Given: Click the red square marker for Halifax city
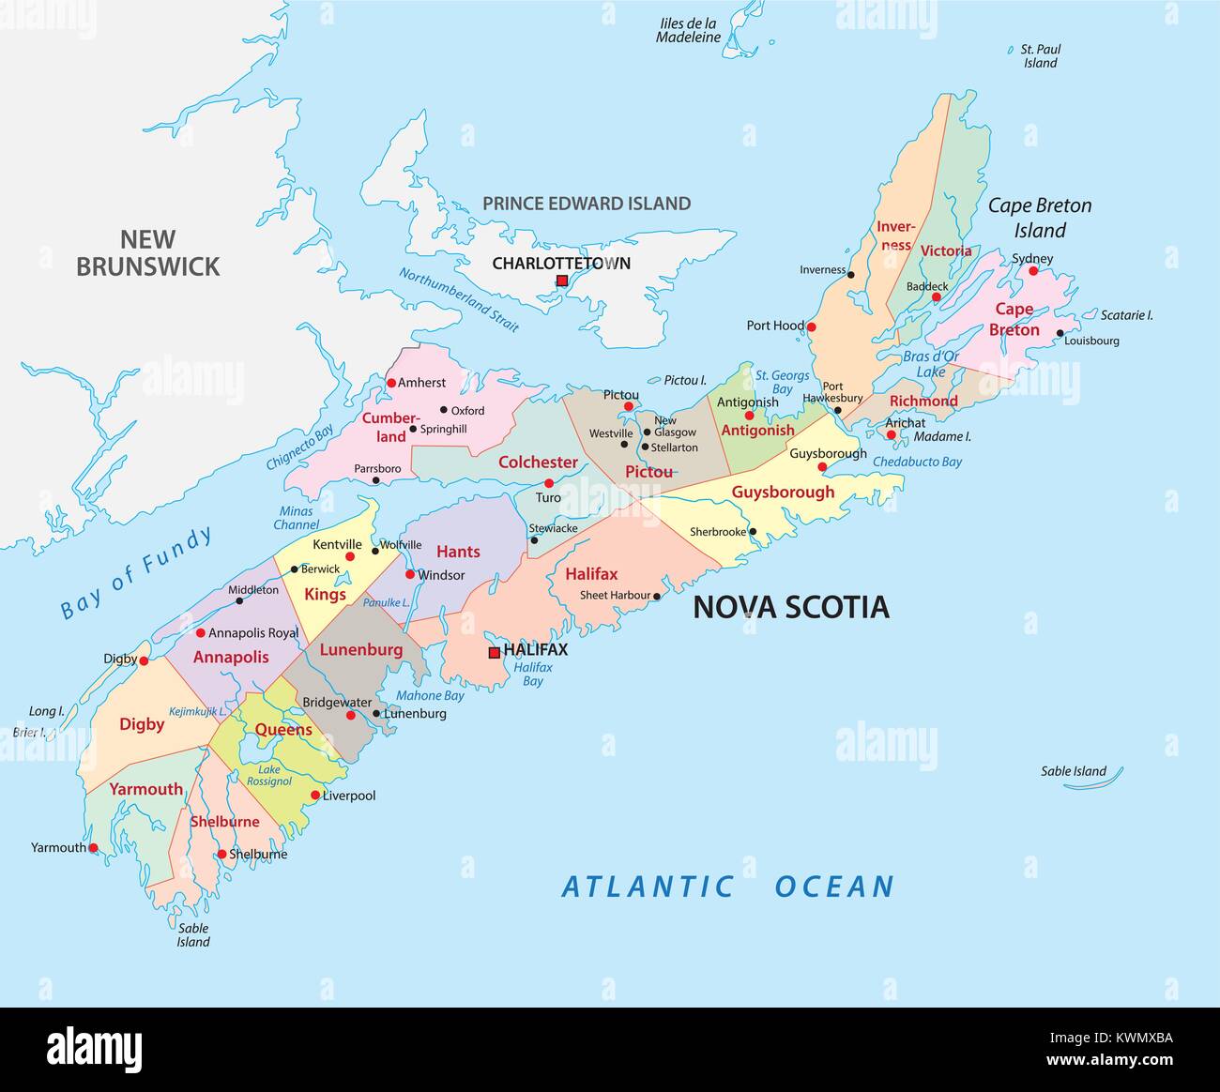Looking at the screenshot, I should [495, 652].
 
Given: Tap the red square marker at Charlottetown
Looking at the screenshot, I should [561, 281].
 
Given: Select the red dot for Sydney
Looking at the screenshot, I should [1033, 271].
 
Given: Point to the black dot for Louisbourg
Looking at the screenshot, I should [1060, 333].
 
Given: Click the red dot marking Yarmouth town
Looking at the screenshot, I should [93, 848].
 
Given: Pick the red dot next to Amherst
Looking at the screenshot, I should [391, 383].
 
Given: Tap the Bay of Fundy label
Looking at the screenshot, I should [137, 573].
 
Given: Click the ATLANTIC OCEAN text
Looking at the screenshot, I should [727, 887].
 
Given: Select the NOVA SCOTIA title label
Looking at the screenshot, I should [790, 608].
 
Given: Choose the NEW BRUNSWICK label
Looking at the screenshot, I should [147, 253].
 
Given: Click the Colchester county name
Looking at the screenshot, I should [538, 462].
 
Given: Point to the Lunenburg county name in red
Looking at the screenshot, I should [361, 649].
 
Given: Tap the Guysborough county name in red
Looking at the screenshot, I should [783, 492].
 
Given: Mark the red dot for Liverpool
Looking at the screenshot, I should [315, 796].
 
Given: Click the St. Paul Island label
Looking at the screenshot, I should [1040, 56].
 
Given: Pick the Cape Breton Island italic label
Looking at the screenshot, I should [1040, 218].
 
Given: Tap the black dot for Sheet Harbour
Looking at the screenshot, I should [657, 596].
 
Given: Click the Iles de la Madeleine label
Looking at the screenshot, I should [688, 31].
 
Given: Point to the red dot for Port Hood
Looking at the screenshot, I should [812, 327].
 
